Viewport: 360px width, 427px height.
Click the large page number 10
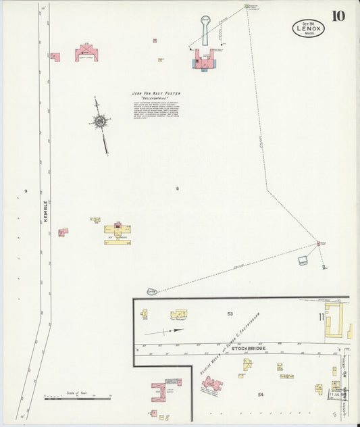click(338, 16)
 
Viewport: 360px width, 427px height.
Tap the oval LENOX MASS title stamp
click(309, 28)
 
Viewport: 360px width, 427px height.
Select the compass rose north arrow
click(101, 122)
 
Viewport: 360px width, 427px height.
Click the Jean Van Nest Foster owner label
click(156, 94)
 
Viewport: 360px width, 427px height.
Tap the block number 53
click(230, 313)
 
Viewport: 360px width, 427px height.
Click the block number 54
click(260, 393)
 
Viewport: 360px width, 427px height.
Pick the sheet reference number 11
click(322, 316)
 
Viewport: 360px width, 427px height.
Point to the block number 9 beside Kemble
click(26, 193)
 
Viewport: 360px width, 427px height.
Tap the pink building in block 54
click(212, 385)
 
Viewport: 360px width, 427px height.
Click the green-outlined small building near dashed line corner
click(303, 259)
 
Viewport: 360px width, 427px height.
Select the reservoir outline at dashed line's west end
click(152, 292)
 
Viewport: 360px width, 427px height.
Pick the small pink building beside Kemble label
click(62, 232)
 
